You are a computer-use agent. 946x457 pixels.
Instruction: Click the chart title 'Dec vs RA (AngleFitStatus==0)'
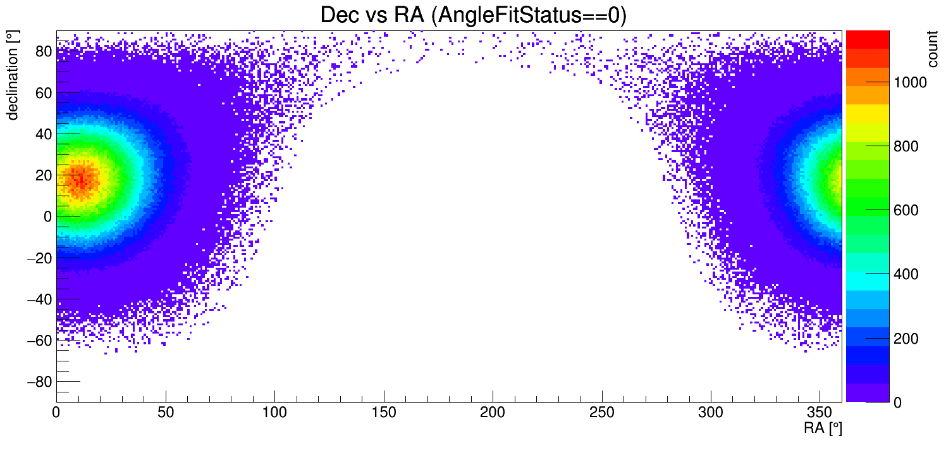(x=473, y=15)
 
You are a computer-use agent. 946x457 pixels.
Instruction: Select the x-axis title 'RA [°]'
(x=823, y=429)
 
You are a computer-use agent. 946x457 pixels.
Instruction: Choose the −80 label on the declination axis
(x=39, y=382)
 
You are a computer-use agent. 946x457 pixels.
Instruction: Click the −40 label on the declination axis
(x=39, y=299)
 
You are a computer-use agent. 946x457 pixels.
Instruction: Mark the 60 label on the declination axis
(x=43, y=92)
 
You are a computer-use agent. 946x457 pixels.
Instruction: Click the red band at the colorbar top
(x=868, y=39)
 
